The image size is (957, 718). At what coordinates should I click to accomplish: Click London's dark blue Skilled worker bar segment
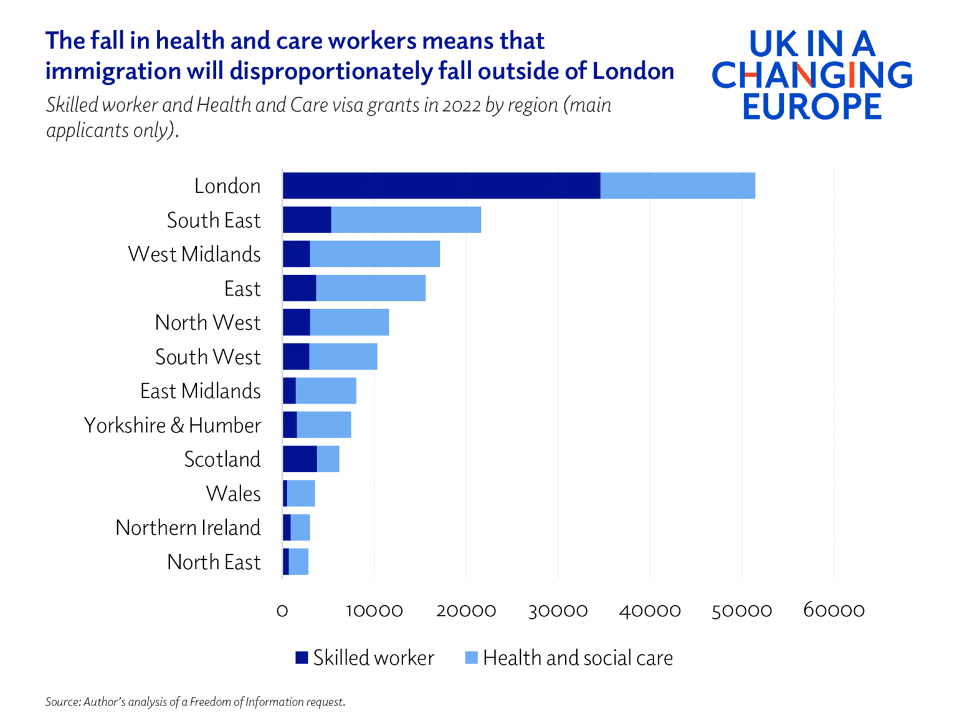[x=441, y=186]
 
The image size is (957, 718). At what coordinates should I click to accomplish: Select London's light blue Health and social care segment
[x=677, y=186]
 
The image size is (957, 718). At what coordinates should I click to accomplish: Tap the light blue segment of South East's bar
[x=406, y=220]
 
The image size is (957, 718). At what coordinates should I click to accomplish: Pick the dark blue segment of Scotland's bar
[x=300, y=459]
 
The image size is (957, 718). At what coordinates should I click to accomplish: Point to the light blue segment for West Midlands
[x=374, y=254]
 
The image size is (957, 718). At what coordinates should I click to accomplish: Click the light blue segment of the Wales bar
[x=301, y=494]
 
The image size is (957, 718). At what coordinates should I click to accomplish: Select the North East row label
[x=214, y=562]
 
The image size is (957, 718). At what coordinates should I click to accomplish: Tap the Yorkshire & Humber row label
[x=173, y=426]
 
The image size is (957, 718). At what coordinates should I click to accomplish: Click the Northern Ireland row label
[x=188, y=528]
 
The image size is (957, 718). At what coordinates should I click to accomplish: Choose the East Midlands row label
[x=200, y=391]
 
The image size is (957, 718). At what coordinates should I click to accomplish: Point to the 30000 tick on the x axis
[x=558, y=611]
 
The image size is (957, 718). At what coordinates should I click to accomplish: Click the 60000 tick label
[x=834, y=611]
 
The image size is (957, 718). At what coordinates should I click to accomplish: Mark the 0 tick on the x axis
[x=282, y=611]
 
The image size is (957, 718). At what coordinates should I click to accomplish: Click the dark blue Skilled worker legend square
[x=302, y=658]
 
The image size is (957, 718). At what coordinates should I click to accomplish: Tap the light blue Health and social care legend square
[x=472, y=658]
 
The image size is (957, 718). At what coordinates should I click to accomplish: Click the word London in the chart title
[x=633, y=71]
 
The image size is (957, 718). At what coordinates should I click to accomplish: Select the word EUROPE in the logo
[x=812, y=107]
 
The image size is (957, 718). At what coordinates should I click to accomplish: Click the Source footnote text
[x=195, y=702]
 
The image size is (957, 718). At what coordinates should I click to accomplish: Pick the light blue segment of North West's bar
[x=349, y=322]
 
